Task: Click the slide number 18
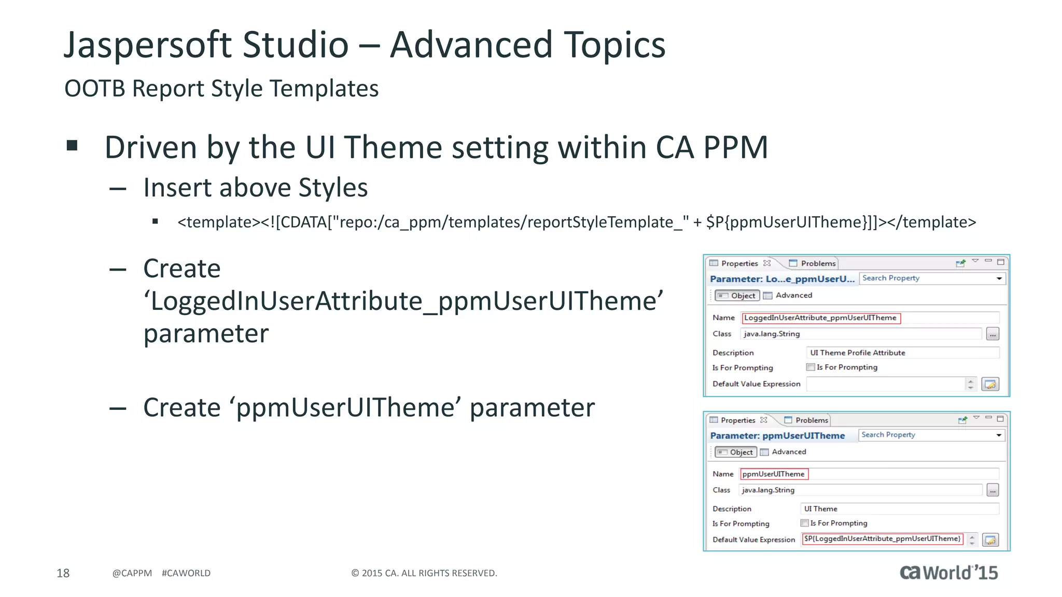(63, 573)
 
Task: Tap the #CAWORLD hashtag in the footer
(186, 573)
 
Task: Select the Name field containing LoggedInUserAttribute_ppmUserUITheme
(820, 318)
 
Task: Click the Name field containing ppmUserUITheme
(774, 474)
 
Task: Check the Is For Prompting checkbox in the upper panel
(811, 367)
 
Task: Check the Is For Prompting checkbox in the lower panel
(804, 523)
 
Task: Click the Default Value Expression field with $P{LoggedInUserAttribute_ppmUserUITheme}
(882, 538)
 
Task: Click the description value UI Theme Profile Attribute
(857, 352)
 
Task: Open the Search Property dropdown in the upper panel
(999, 279)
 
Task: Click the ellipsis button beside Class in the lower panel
(992, 490)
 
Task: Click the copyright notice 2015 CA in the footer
(424, 573)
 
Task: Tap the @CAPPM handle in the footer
(132, 573)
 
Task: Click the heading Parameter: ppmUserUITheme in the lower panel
(777, 435)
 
